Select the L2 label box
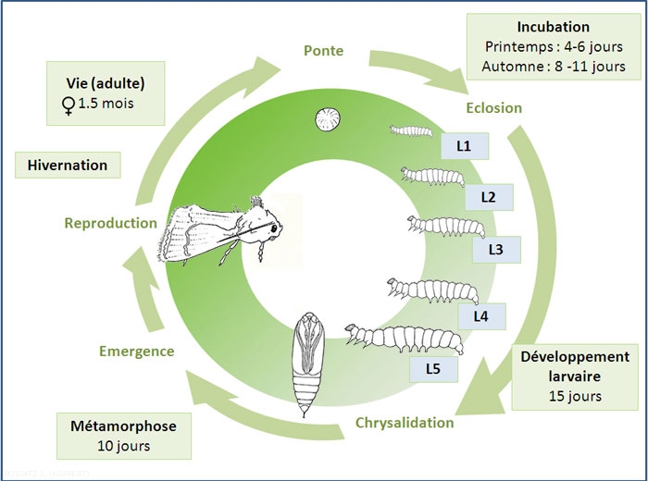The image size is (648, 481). (x=488, y=197)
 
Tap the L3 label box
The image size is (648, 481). (x=496, y=249)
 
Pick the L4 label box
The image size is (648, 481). (x=480, y=316)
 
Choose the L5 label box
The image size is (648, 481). (x=431, y=369)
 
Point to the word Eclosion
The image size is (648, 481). (x=494, y=107)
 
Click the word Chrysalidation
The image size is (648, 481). (x=404, y=423)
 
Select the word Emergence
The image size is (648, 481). (x=136, y=351)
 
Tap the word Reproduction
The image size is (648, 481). (x=111, y=223)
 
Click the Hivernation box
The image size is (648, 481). (x=68, y=166)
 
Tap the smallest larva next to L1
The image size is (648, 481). (x=408, y=131)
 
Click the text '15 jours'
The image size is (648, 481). (x=575, y=397)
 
